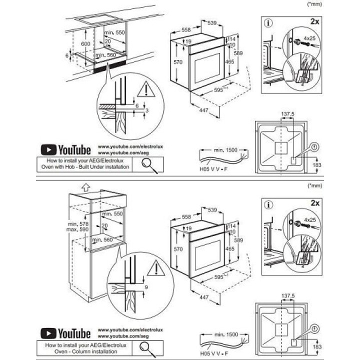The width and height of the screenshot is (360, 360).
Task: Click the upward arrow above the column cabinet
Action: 85,188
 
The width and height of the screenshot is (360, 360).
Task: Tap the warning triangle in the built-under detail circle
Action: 145,89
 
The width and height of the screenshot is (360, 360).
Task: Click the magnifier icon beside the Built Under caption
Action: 149,164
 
